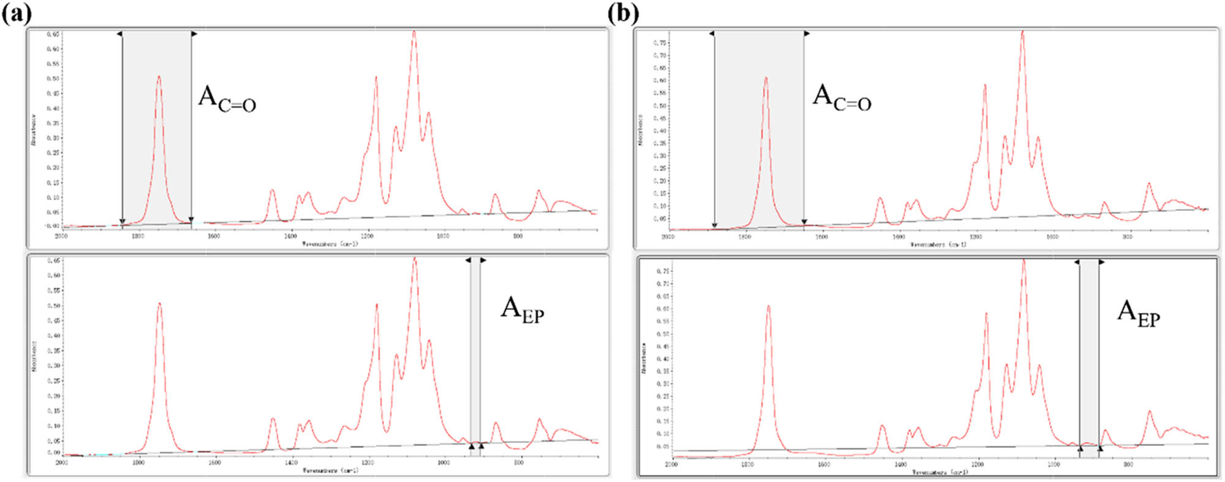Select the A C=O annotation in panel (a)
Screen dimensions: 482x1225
[x=227, y=99]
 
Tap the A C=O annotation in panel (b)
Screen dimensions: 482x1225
[x=842, y=98]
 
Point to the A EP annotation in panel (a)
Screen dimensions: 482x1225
[x=522, y=309]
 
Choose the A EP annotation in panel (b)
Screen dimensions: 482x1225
[x=1138, y=313]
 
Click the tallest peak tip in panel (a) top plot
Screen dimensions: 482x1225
[x=414, y=32]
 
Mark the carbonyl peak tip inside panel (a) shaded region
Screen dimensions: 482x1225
[x=159, y=77]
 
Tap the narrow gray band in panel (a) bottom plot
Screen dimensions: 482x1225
[x=475, y=355]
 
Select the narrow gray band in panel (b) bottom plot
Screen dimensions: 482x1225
[x=1089, y=355]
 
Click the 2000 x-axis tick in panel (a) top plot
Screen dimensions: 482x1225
[x=61, y=235]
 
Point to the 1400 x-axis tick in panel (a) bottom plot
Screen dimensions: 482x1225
[x=292, y=463]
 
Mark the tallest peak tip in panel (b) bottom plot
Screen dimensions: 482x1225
[x=1023, y=260]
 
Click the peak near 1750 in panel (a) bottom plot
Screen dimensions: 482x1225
[x=159, y=303]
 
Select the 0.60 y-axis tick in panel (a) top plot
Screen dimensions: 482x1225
[x=53, y=49]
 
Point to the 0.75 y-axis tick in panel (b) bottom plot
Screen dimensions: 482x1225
[x=662, y=271]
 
